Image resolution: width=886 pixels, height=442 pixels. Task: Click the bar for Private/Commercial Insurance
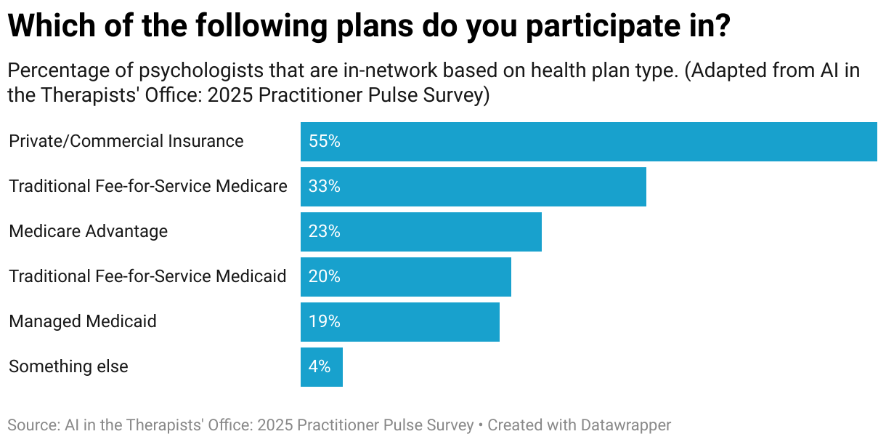point(588,142)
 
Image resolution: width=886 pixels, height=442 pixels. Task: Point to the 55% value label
point(324,142)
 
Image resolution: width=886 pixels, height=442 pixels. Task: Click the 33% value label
point(324,187)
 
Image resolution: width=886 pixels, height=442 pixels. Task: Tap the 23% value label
point(324,232)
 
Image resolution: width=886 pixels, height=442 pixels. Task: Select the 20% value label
point(324,277)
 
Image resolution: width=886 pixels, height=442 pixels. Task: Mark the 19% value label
point(324,322)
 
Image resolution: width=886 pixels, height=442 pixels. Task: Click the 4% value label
point(320,367)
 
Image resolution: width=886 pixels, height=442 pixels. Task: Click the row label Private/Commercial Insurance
point(126,142)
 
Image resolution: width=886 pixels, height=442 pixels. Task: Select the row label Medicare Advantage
point(88,232)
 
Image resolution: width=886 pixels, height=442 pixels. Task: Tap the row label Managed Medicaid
point(83,322)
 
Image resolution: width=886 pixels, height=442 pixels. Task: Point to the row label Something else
point(68,367)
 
